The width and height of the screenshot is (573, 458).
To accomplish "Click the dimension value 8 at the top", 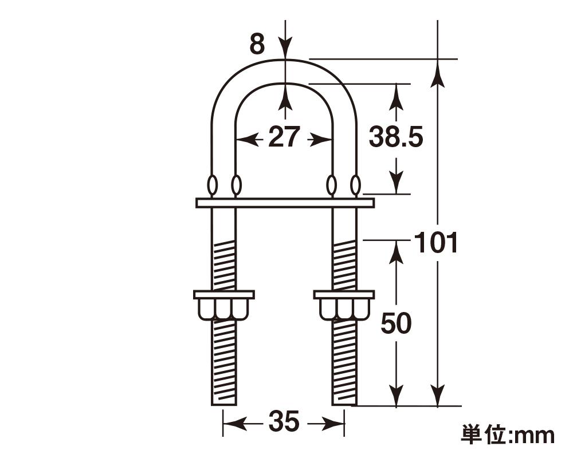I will tap(257, 44).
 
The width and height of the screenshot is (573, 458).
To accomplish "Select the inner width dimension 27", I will tap(284, 138).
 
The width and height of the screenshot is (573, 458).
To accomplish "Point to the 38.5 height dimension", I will tap(396, 138).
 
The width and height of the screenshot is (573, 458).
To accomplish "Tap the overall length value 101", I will tap(436, 243).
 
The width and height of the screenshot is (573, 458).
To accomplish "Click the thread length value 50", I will tap(396, 324).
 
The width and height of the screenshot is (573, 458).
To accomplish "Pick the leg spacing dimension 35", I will tap(284, 423).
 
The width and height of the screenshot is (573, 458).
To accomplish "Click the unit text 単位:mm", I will tap(508, 435).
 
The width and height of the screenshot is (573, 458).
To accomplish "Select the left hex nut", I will tap(223, 305).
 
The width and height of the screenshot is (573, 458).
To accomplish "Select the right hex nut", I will tap(344, 305).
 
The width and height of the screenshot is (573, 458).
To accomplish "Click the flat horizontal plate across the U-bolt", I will tap(285, 203).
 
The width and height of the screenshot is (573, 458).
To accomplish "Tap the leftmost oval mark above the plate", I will tap(212, 185).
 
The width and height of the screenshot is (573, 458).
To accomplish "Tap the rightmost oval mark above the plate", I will tap(356, 185).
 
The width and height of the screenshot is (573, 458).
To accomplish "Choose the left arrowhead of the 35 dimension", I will tap(231, 424).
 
